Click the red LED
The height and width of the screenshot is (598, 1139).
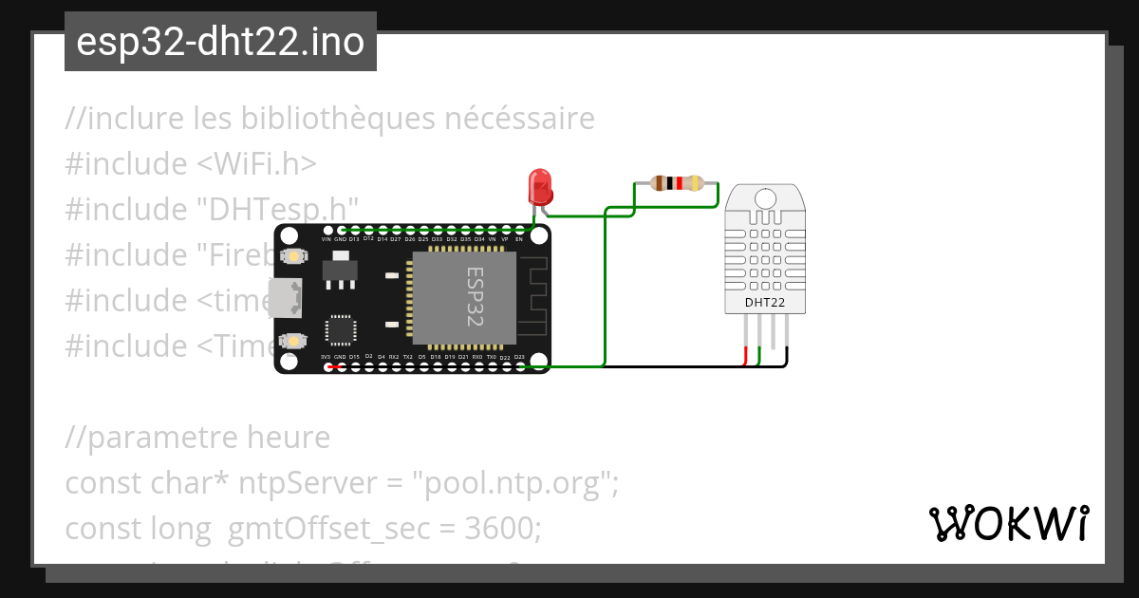[540, 185]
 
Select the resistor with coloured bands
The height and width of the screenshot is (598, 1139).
[676, 183]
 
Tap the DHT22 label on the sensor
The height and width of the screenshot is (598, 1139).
[765, 303]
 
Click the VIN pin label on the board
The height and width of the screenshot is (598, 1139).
[327, 240]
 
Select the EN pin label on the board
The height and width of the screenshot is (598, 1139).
[518, 240]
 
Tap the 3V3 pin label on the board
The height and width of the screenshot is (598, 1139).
[327, 357]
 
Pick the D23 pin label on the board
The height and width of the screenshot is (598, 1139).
[518, 357]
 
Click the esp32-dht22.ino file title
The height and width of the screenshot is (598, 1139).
[220, 43]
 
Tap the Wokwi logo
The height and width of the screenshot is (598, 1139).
[1008, 523]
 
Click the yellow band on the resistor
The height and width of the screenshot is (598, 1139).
[696, 183]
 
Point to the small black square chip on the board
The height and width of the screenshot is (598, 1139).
[340, 328]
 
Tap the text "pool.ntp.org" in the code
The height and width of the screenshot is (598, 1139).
[513, 484]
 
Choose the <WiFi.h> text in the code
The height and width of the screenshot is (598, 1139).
[256, 164]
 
